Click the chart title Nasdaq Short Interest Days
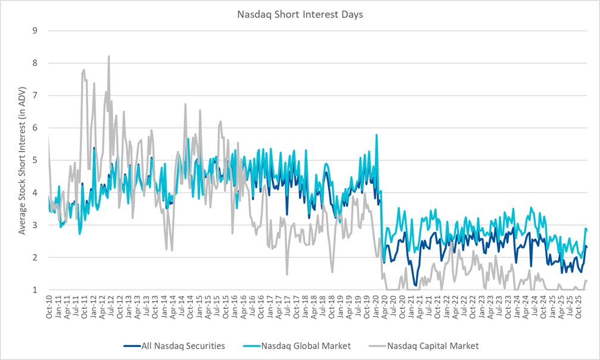click(x=300, y=15)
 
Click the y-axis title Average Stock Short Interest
click(x=23, y=159)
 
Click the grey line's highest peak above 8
click(x=108, y=57)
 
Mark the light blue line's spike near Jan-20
click(x=377, y=135)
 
